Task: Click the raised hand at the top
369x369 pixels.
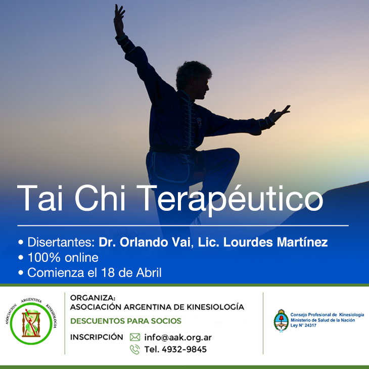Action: click(x=119, y=20)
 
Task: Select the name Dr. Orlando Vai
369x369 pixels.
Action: click(x=144, y=242)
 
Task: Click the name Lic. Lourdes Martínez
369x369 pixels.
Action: click(x=263, y=242)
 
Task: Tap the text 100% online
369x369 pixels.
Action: click(x=63, y=258)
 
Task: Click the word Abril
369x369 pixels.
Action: click(x=149, y=273)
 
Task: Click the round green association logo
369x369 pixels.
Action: click(x=31, y=324)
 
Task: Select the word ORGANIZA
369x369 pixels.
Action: click(x=93, y=298)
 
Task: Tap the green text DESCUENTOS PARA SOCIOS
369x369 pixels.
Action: click(x=126, y=321)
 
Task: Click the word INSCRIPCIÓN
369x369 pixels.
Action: click(x=97, y=337)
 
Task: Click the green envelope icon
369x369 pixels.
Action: click(x=135, y=337)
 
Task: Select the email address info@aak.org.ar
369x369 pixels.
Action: click(x=178, y=338)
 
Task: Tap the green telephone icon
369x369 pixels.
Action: click(x=135, y=349)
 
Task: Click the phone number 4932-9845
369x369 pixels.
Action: click(x=184, y=349)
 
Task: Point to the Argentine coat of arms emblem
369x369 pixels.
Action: click(x=281, y=320)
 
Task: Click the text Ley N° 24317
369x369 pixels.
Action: click(x=303, y=326)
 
